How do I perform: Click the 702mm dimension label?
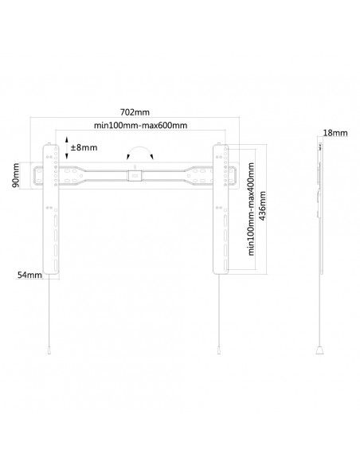tap(135, 112)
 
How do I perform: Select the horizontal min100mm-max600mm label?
tap(140, 126)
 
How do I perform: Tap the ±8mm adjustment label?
tap(84, 147)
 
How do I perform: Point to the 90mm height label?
tap(15, 175)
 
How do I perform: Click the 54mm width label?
tap(29, 275)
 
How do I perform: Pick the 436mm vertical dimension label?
tap(262, 205)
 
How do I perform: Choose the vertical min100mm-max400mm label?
tap(251, 209)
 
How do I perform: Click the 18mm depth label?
tap(335, 132)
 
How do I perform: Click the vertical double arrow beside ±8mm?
tap(67, 147)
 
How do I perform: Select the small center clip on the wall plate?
tap(135, 175)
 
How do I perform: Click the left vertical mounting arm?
tap(51, 209)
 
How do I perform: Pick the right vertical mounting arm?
tap(221, 209)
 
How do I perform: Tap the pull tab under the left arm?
tap(49, 350)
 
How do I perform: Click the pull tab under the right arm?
tap(219, 350)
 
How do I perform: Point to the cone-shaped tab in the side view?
tap(319, 350)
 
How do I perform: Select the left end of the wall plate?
tap(37, 175)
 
